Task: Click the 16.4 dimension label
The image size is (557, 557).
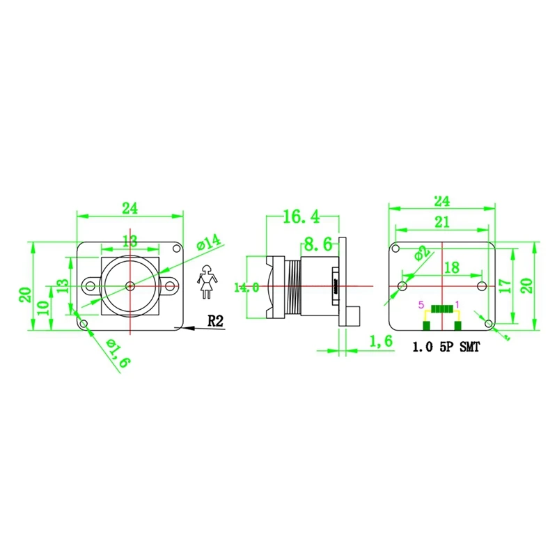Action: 301,217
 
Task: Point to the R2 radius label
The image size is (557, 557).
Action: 216,321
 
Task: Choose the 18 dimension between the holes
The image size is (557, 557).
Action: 450,267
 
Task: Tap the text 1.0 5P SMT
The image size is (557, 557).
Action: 446,346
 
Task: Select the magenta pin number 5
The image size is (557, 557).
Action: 420,304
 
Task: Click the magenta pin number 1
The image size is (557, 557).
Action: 457,304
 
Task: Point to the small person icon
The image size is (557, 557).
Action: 205,282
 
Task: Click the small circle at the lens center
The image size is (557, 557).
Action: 130,285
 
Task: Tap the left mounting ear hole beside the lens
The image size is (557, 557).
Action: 88,285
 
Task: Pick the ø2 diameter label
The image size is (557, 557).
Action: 422,253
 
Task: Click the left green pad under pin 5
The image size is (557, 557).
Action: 425,326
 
